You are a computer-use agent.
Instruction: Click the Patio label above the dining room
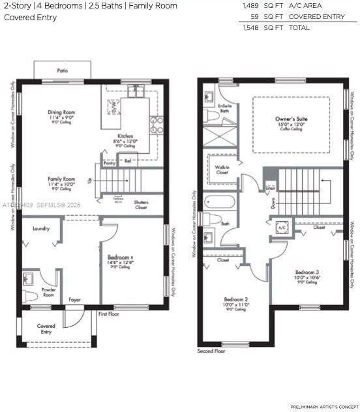(63, 70)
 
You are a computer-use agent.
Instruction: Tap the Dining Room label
(63, 112)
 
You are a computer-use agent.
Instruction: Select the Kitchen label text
(125, 136)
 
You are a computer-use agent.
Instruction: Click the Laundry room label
(41, 228)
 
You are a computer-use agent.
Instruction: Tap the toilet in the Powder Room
(30, 297)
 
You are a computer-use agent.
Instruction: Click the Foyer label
(75, 300)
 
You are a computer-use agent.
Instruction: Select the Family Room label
(61, 179)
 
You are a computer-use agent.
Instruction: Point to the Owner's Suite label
(290, 119)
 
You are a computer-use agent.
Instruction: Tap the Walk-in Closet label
(221, 169)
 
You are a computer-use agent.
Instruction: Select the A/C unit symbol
(282, 228)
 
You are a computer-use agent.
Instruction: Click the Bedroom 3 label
(307, 272)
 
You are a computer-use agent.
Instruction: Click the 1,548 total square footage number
(250, 28)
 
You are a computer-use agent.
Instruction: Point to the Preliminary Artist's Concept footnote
(323, 406)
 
